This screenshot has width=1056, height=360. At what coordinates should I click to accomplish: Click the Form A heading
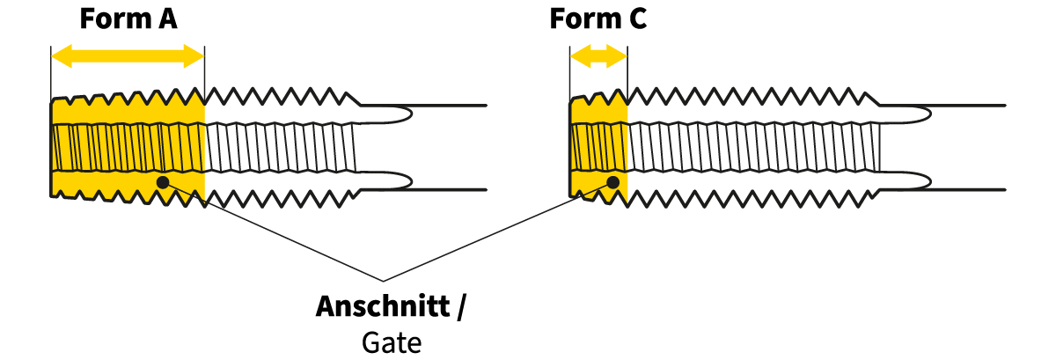(x=128, y=19)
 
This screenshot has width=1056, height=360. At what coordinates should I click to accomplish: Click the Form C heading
(x=598, y=19)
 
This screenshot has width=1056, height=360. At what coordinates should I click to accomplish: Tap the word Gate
(x=392, y=342)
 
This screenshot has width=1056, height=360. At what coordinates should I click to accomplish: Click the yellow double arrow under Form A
(x=128, y=58)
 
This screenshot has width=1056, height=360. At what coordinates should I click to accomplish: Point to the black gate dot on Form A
(x=162, y=182)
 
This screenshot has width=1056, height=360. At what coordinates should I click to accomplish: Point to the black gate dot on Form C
(x=613, y=182)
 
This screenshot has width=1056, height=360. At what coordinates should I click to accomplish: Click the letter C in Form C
(x=636, y=19)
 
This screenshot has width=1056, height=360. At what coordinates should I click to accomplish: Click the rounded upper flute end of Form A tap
(x=400, y=114)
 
